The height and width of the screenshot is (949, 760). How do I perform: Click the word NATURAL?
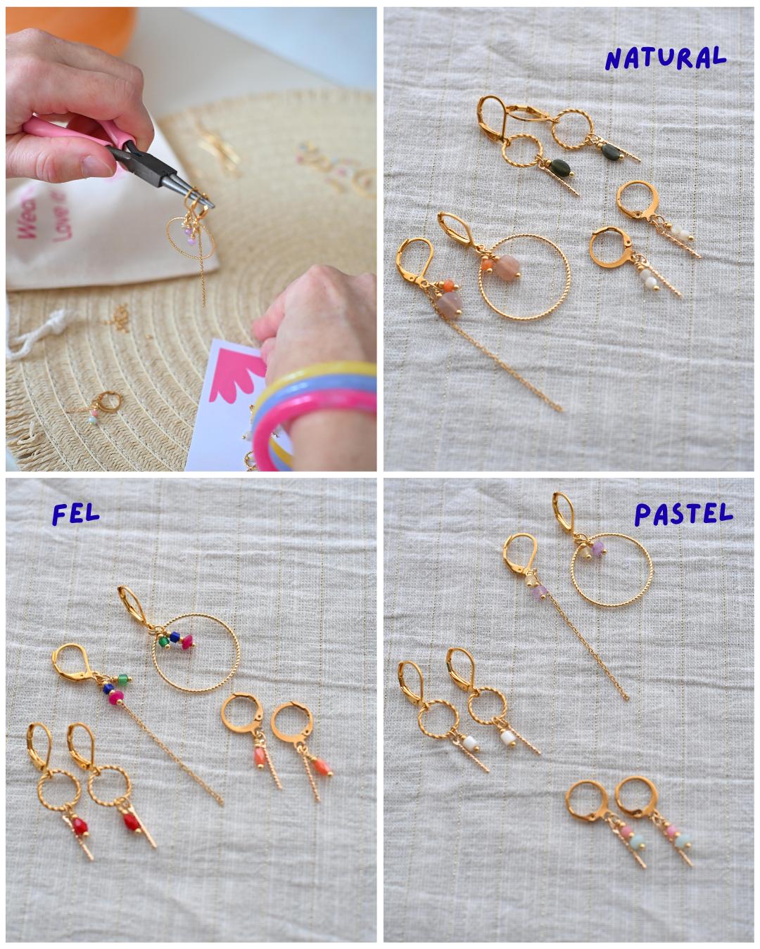click(x=664, y=58)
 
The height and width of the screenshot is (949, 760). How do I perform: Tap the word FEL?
click(x=76, y=513)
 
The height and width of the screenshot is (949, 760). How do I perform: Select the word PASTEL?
click(x=683, y=515)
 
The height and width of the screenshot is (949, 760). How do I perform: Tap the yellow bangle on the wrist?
click(x=310, y=373)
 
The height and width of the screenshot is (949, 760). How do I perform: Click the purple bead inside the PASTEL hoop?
click(x=599, y=548)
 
